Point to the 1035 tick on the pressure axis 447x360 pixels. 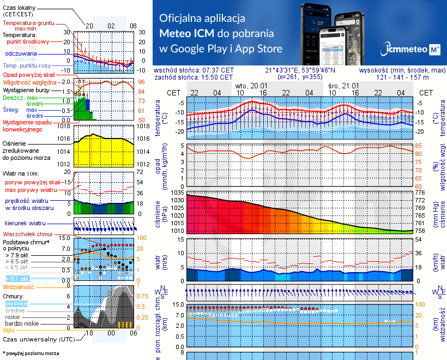tap(178, 193)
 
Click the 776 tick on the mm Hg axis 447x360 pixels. tap(420, 193)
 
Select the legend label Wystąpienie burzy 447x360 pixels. tap(28, 89)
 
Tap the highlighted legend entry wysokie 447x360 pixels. tap(16, 303)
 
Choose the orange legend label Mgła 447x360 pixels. tap(9, 330)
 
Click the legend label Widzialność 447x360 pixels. tap(19, 286)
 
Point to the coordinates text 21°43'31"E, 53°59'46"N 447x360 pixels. tap(300, 70)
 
